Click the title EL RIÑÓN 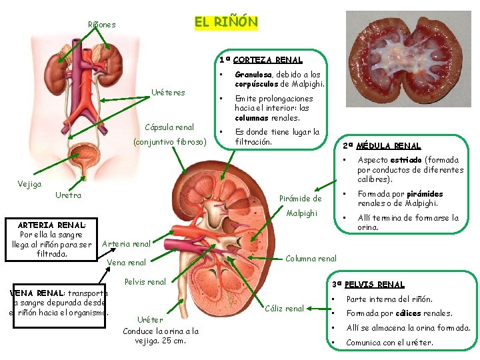pyautogui.click(x=225, y=22)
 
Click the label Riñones pyautogui.click(x=102, y=25)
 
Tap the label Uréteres pyautogui.click(x=168, y=92)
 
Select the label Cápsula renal pyautogui.click(x=169, y=127)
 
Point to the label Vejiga pyautogui.click(x=29, y=183)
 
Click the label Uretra pyautogui.click(x=68, y=195)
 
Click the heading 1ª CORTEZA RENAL pyautogui.click(x=261, y=60)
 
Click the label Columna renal pyautogui.click(x=311, y=259)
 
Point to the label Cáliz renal pyautogui.click(x=285, y=308)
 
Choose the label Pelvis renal pyautogui.click(x=145, y=281)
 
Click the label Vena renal pyautogui.click(x=126, y=263)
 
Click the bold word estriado pyautogui.click(x=405, y=160)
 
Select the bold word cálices pyautogui.click(x=408, y=313)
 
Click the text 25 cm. pyautogui.click(x=175, y=341)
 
